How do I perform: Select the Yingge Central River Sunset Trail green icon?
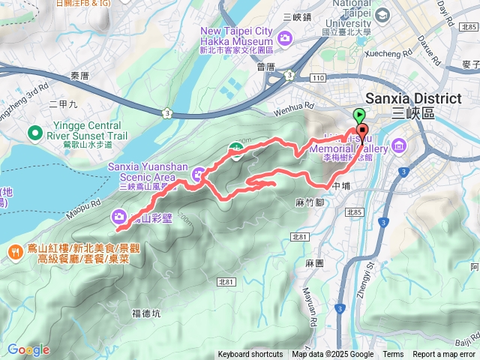point(34,133)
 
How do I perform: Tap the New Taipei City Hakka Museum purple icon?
point(284,37)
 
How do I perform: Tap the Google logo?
point(28,349)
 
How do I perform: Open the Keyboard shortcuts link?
point(250,355)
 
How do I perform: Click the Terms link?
point(393,355)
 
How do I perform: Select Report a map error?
point(444,355)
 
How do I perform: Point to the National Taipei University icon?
point(384,15)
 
